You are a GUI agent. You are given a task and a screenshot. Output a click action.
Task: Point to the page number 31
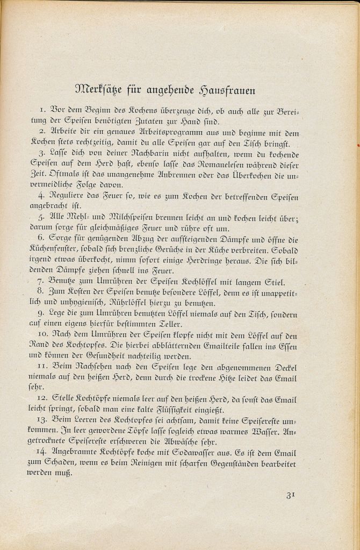290,495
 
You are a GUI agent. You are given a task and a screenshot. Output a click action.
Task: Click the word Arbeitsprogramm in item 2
161,132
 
